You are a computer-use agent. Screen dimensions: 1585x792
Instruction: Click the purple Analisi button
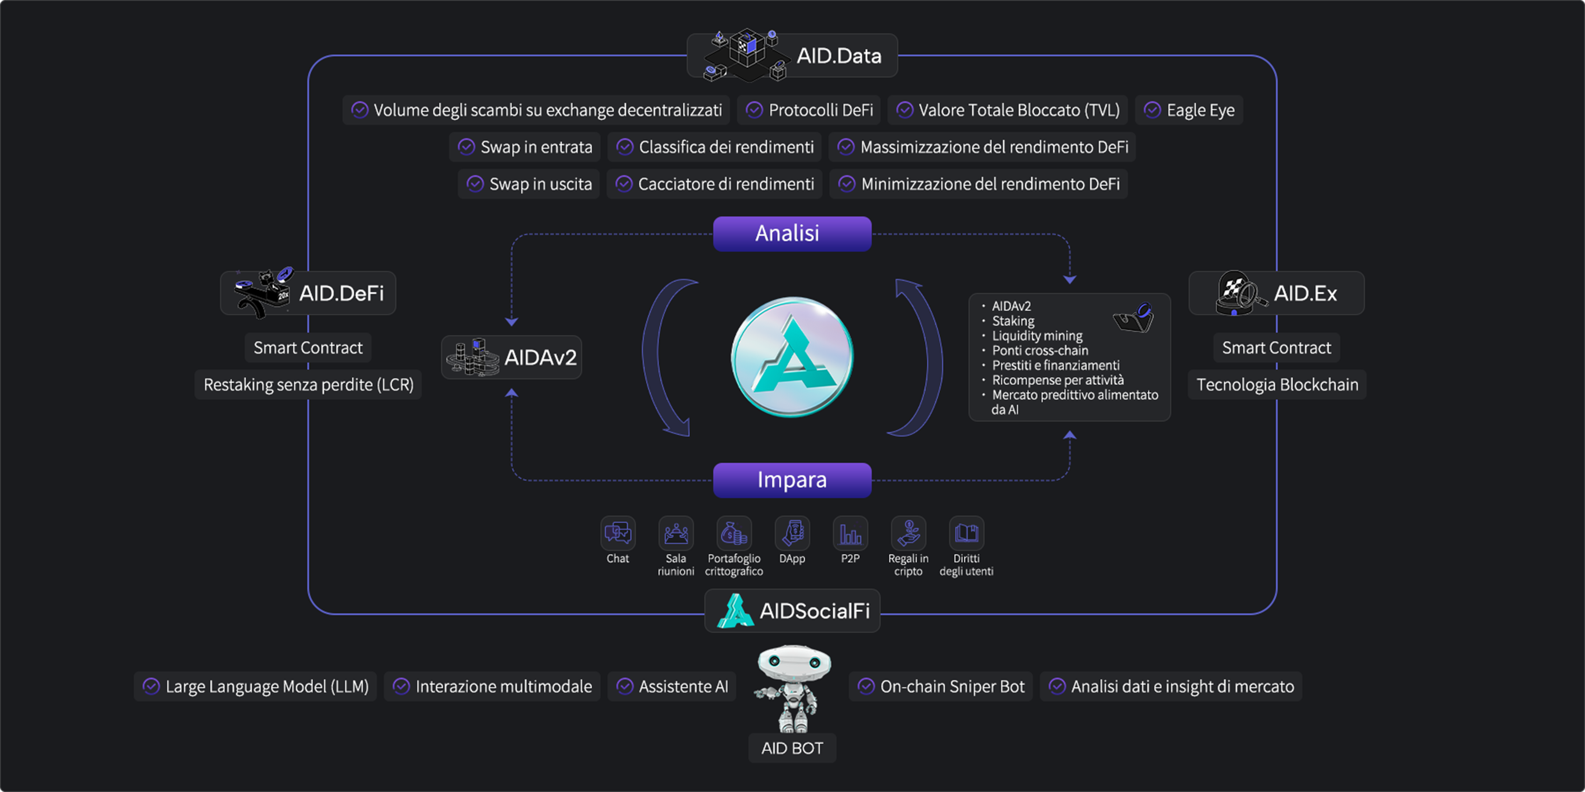pos(792,234)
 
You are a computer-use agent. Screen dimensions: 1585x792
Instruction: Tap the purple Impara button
pos(792,480)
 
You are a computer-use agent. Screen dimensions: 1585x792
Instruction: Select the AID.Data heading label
pos(839,56)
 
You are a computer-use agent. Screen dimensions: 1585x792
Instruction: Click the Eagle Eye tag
pos(1189,110)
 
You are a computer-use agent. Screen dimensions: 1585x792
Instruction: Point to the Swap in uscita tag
pos(528,184)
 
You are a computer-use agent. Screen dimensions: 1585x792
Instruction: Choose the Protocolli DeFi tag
pos(808,110)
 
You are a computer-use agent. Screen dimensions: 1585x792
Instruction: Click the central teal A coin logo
pos(792,357)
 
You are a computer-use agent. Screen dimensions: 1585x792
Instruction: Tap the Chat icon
pos(618,532)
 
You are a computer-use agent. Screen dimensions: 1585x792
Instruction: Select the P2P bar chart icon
pos(850,532)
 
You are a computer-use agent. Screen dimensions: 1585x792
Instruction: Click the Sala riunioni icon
pos(675,532)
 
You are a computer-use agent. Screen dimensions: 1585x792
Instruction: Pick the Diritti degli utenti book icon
pos(966,532)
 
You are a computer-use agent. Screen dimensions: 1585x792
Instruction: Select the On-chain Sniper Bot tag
pos(941,686)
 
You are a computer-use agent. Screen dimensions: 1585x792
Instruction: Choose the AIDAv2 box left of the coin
pos(511,357)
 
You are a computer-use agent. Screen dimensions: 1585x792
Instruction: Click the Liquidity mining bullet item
pos(1037,336)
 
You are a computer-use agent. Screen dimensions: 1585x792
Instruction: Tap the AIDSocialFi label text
pos(815,611)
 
